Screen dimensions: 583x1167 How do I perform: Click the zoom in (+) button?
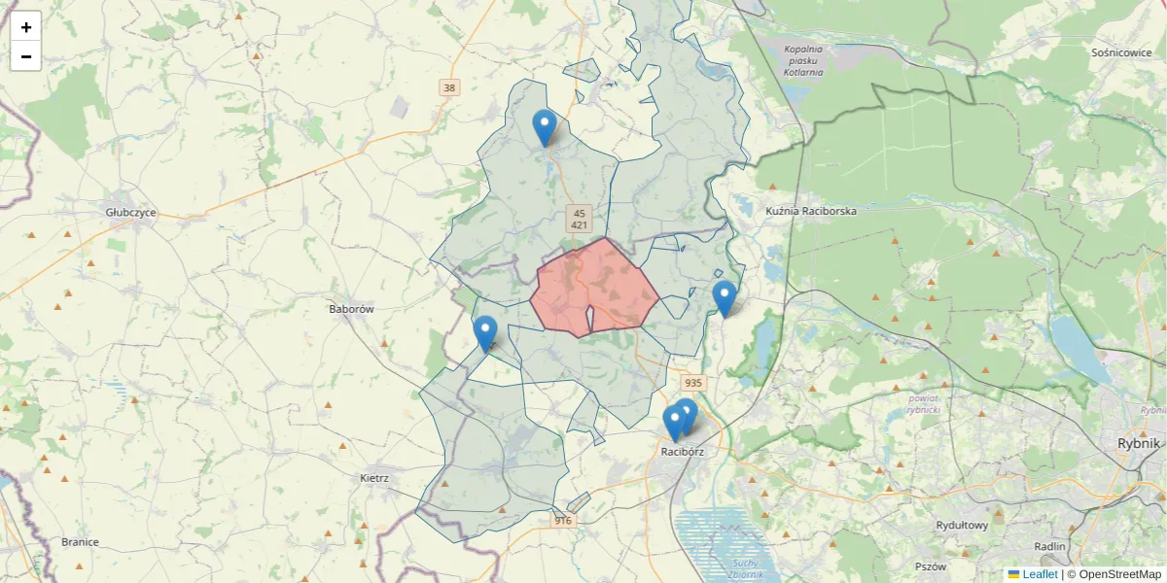(26, 27)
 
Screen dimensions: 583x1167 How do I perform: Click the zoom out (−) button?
(26, 56)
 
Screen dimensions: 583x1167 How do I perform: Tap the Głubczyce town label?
(130, 213)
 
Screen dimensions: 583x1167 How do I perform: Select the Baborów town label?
(352, 309)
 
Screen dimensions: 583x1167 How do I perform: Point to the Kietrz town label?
(374, 478)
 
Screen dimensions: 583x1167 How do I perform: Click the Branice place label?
(80, 542)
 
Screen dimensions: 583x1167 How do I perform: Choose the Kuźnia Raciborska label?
(811, 210)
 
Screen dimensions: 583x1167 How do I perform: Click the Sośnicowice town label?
(1121, 52)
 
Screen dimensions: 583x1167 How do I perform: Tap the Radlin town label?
(1050, 547)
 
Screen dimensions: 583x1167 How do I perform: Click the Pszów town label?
(931, 566)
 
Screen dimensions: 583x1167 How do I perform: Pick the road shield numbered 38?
(448, 87)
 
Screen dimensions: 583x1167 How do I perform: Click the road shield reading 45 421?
(579, 219)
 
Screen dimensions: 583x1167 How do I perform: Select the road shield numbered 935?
(692, 384)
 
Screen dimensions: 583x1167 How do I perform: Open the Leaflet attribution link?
(1040, 574)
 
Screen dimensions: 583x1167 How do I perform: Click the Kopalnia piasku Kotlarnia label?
(803, 60)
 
